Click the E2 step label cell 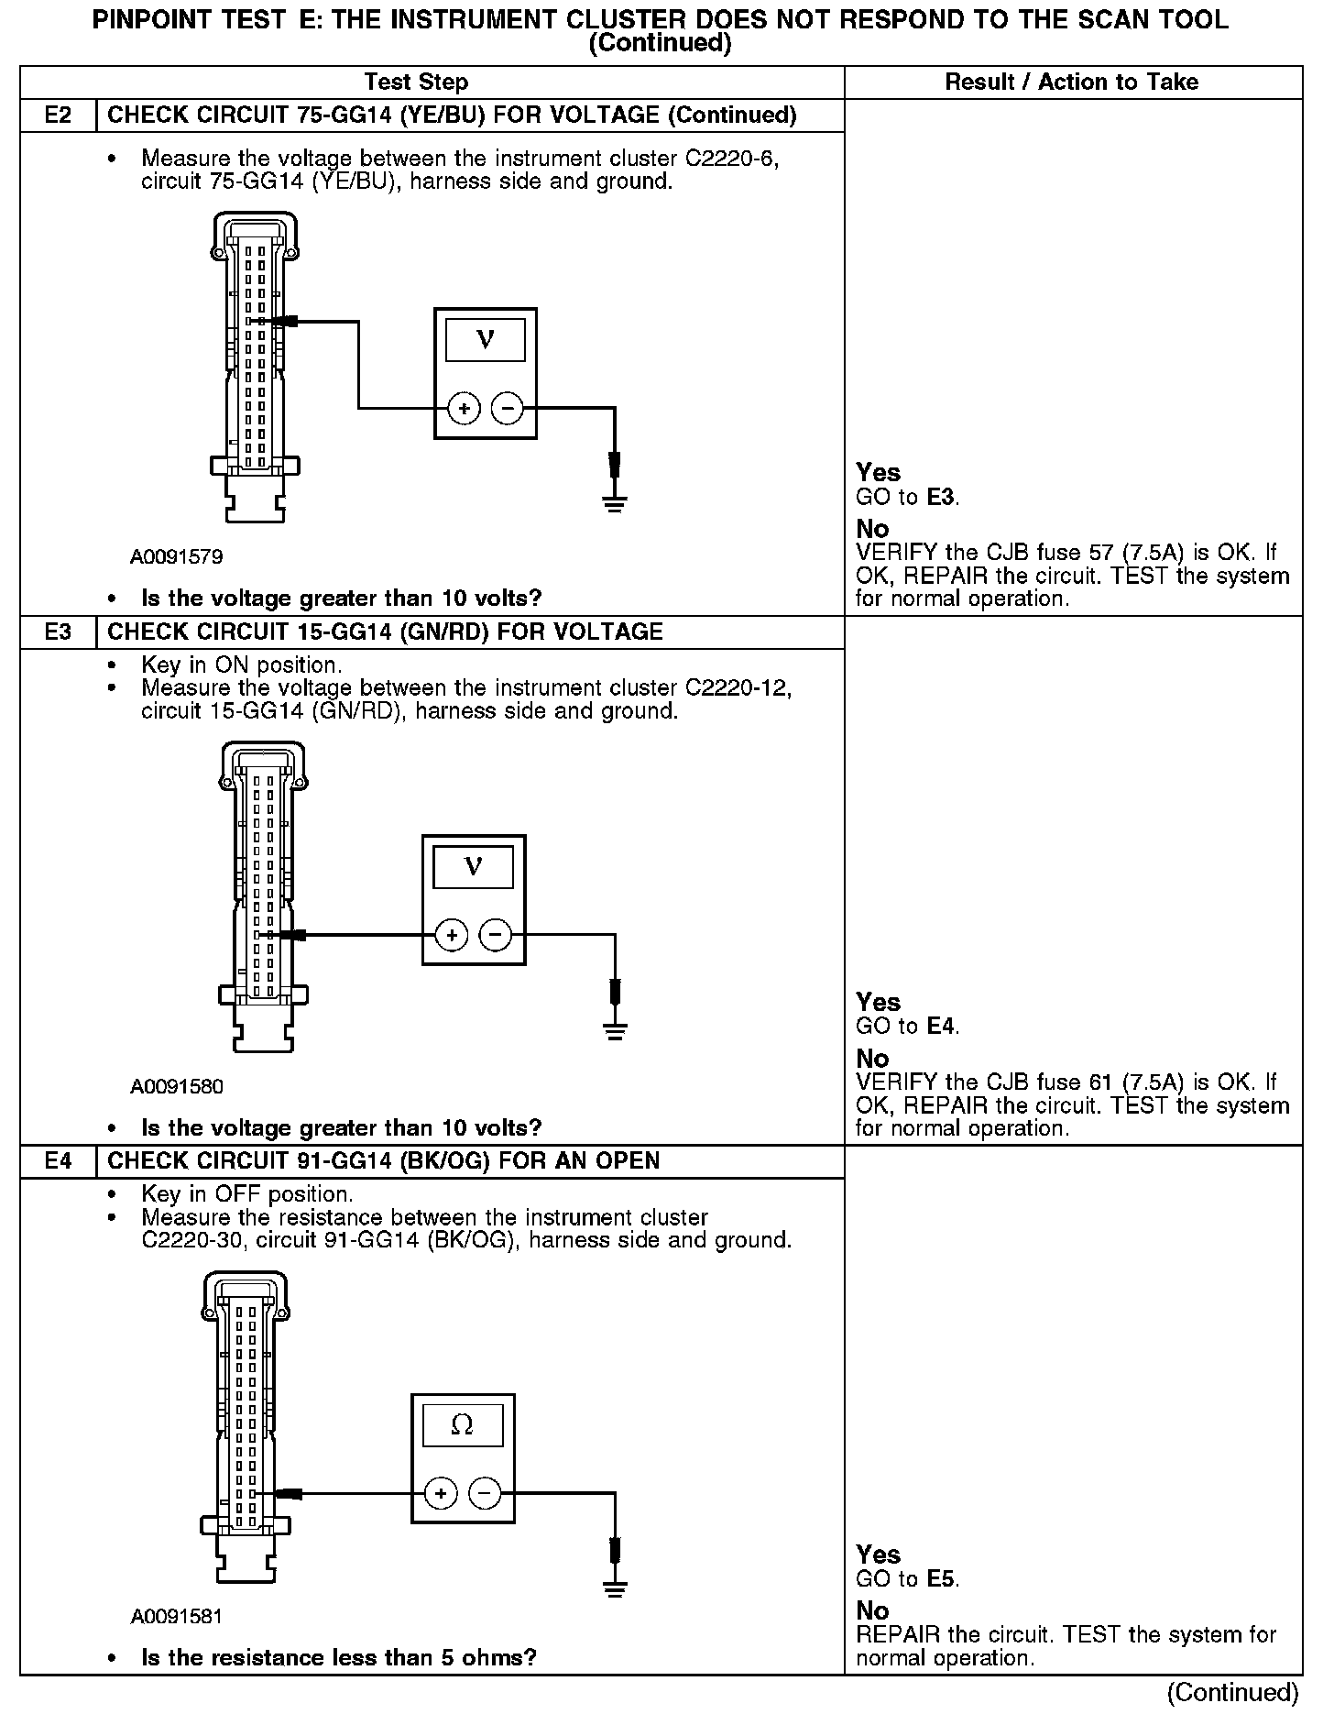coord(58,115)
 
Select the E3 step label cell coord(58,632)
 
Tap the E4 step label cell coord(58,1161)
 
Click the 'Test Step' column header coord(416,82)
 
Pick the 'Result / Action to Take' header coord(1071,82)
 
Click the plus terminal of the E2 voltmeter coord(465,409)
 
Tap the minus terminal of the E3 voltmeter coord(496,935)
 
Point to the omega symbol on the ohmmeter coord(463,1424)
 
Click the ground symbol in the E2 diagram coord(615,502)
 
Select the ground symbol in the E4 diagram coord(615,1587)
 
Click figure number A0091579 coord(177,557)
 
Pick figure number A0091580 coord(177,1087)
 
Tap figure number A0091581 coord(177,1616)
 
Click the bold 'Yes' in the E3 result coord(878,1002)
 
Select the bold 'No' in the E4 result coord(872,1610)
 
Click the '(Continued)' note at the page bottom coord(1233,1692)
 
